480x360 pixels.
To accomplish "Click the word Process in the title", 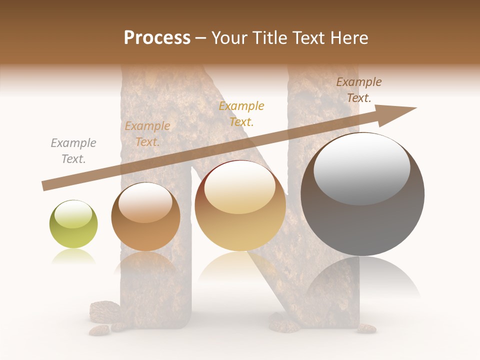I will [x=157, y=38].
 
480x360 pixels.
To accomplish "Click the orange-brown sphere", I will [x=145, y=217].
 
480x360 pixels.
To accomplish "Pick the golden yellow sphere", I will [x=240, y=206].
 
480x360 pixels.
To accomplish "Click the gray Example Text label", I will [x=73, y=151].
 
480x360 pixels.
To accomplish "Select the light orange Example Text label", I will [x=147, y=134].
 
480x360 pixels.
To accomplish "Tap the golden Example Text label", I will [x=241, y=114].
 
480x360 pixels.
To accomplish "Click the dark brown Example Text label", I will [x=359, y=90].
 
